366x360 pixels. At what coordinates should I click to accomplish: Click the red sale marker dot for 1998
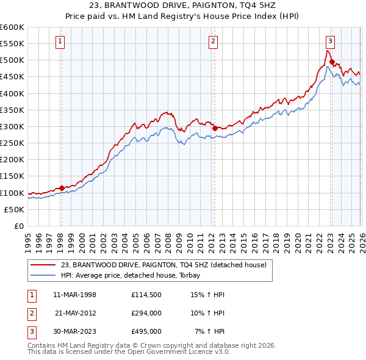[62, 188]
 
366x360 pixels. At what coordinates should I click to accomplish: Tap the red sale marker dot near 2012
[215, 128]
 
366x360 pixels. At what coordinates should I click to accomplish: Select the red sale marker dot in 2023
[331, 62]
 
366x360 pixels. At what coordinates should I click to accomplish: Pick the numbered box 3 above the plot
[330, 41]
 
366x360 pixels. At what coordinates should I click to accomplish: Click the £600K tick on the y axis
[12, 27]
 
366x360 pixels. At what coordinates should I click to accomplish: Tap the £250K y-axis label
[12, 143]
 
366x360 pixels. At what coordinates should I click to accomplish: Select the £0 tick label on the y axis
[18, 226]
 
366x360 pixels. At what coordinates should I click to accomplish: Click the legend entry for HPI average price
[135, 275]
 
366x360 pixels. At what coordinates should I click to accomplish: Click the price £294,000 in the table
[146, 313]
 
